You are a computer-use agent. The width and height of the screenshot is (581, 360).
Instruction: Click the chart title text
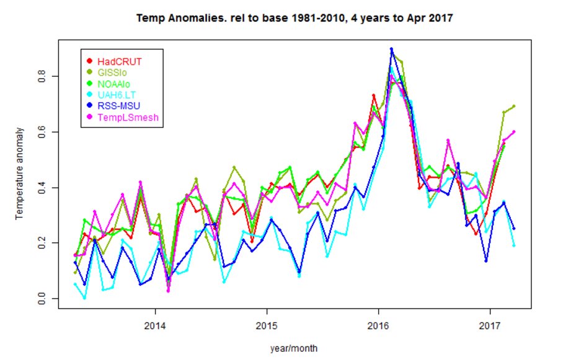click(295, 18)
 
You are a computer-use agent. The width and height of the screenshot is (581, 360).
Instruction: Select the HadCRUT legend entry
click(120, 61)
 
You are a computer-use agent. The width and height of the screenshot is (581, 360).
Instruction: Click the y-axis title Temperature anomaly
click(19, 173)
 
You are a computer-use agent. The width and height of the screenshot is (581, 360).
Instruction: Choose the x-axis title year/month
click(294, 348)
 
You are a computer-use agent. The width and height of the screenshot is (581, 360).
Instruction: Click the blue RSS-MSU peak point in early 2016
click(391, 49)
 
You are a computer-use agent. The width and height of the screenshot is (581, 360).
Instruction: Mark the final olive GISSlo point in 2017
click(514, 106)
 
